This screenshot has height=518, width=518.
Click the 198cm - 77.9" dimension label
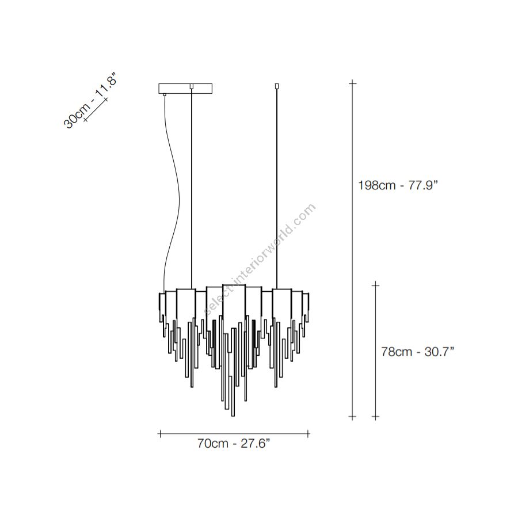click(x=398, y=185)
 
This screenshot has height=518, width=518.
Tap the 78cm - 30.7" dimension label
click(x=418, y=352)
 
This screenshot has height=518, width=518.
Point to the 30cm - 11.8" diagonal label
click(x=90, y=100)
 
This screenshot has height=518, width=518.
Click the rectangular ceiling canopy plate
click(x=185, y=89)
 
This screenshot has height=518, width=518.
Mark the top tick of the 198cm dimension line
click(x=352, y=84)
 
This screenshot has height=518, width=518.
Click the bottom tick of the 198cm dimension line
click(x=352, y=417)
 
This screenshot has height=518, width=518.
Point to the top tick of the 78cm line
click(x=376, y=285)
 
